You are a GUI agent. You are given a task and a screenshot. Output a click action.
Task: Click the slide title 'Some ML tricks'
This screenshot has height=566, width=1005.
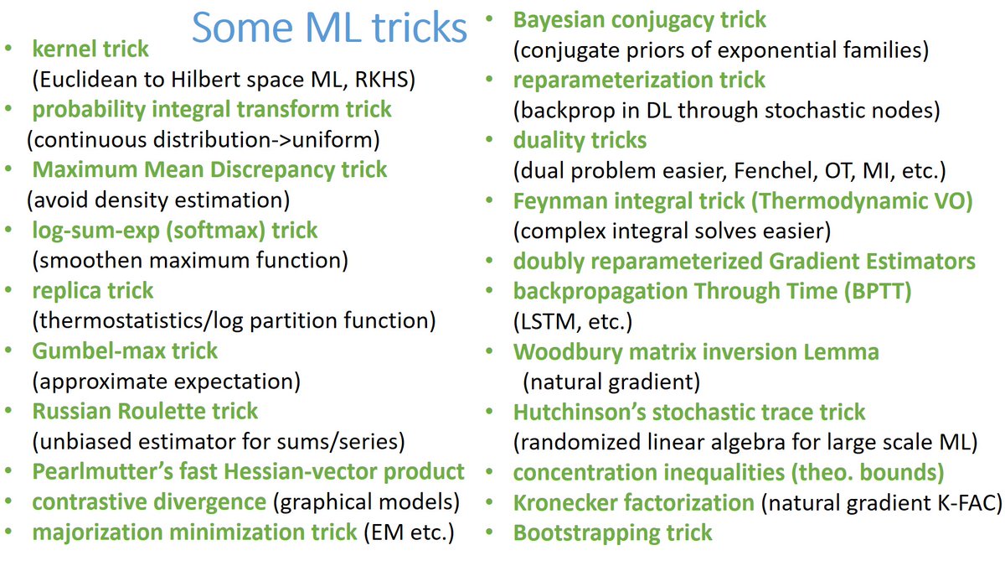point(328,27)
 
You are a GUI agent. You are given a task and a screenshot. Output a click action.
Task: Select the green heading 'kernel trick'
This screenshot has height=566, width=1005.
point(90,49)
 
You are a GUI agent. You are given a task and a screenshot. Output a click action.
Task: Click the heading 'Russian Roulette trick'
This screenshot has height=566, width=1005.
point(145,411)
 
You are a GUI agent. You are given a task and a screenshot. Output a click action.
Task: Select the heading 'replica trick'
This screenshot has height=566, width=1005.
point(93,290)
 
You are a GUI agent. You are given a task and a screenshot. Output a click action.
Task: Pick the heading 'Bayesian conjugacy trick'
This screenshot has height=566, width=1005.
point(640,18)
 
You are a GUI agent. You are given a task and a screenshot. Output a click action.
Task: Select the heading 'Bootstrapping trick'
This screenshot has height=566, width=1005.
point(612,532)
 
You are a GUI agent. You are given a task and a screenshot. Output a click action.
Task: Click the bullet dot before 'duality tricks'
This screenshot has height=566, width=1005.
point(494,139)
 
